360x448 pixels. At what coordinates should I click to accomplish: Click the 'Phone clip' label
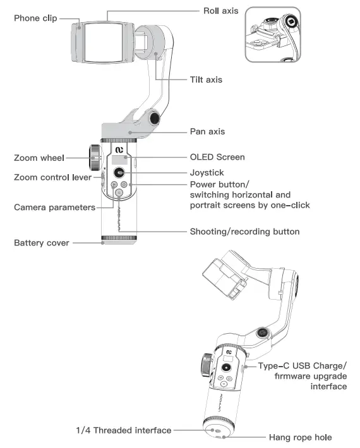(35, 18)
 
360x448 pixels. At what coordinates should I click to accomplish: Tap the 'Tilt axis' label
(206, 80)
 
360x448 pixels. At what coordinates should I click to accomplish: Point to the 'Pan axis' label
(207, 132)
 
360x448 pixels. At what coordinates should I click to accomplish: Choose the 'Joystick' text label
(207, 172)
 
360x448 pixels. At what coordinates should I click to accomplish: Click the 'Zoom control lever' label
(53, 177)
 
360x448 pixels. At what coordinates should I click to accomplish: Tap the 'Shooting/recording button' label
(244, 232)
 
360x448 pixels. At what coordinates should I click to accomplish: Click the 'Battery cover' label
(43, 242)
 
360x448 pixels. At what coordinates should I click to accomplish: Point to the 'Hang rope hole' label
(300, 437)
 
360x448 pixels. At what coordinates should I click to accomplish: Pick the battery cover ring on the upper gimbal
(119, 240)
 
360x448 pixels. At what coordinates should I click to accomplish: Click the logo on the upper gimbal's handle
(119, 150)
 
